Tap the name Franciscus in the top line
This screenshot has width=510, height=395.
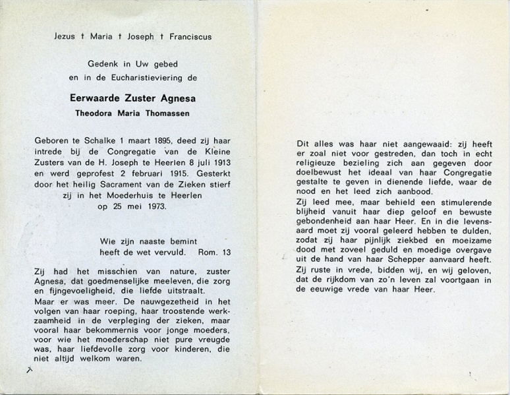[x=191, y=37]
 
